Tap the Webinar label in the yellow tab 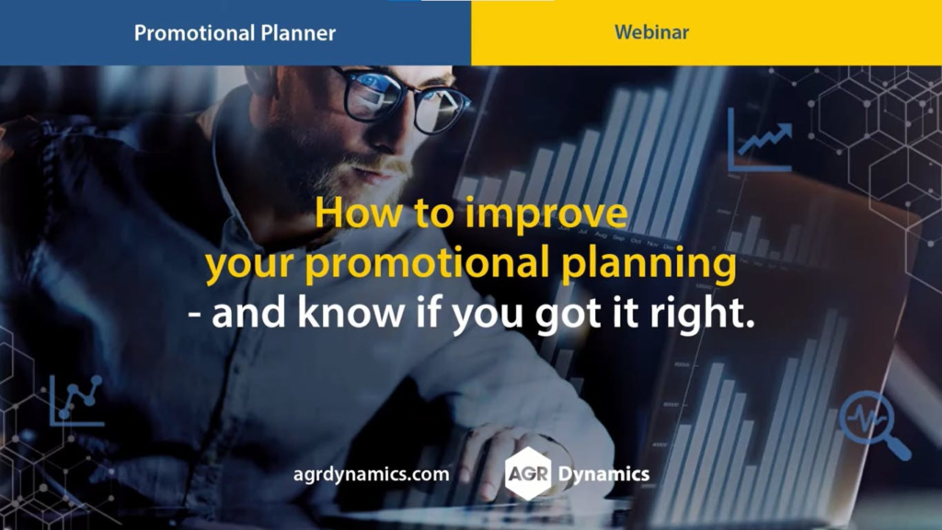[651, 32]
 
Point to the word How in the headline [359, 213]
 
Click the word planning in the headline [649, 265]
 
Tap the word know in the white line [350, 313]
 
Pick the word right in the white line [702, 315]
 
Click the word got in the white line [568, 317]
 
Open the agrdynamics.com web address [372, 475]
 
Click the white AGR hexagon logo [528, 474]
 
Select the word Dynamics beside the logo [603, 475]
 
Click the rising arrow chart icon [760, 140]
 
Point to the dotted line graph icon [76, 401]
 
